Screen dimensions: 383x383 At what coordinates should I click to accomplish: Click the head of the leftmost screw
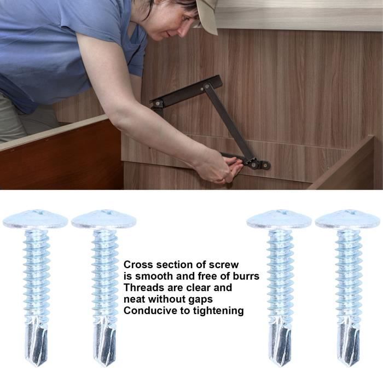pos(36,219)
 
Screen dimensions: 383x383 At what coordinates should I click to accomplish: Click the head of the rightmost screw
pos(349,219)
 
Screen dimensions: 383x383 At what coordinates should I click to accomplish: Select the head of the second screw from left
pos(104,219)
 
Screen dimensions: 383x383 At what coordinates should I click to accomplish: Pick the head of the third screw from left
pos(280,219)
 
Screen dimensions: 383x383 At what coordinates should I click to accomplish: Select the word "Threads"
pos(144,287)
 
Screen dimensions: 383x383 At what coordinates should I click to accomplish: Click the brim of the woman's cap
pos(207,17)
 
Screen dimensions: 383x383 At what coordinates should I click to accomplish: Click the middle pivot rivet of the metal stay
pos(207,86)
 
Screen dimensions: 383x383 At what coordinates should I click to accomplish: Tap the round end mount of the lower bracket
pos(265,165)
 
